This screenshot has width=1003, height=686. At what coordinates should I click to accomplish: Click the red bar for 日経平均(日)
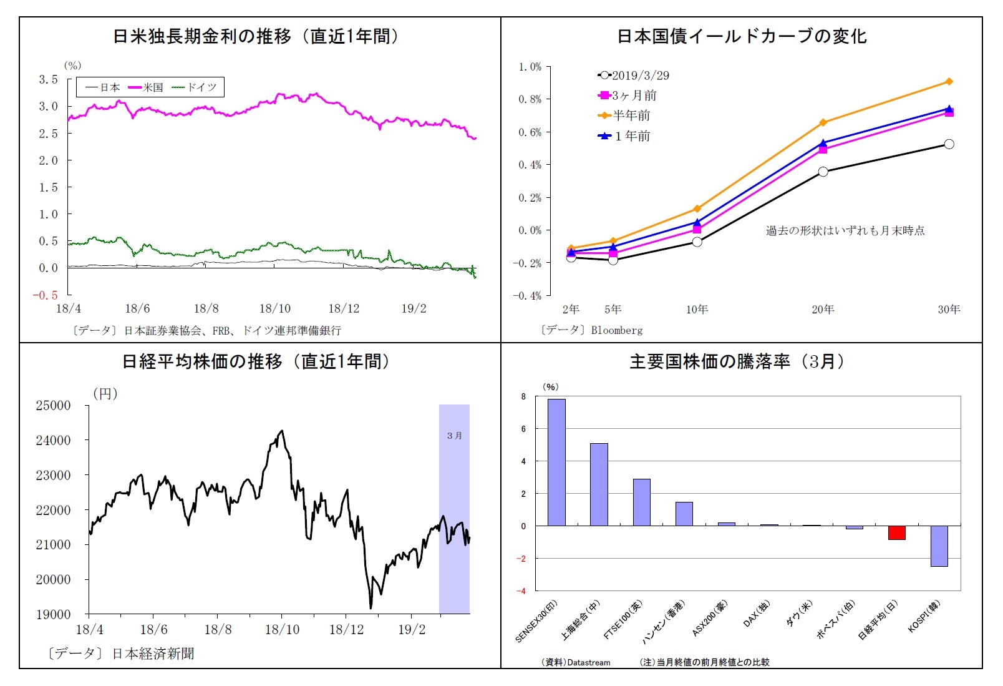click(896, 532)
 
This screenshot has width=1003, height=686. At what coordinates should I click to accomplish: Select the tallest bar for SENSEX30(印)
click(556, 462)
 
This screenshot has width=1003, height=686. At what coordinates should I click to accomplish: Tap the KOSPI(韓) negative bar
click(939, 546)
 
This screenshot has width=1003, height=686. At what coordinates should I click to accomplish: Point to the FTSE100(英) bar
click(641, 502)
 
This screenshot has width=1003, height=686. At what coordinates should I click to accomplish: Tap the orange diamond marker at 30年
click(949, 82)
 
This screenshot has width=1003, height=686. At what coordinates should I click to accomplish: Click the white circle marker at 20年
click(823, 172)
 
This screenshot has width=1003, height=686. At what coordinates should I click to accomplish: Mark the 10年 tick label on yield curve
click(697, 310)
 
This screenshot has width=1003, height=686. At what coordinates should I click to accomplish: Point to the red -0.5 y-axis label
click(45, 295)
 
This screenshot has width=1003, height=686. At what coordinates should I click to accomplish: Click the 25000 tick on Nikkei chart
click(54, 406)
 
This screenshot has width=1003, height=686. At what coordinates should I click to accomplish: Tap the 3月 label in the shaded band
click(454, 436)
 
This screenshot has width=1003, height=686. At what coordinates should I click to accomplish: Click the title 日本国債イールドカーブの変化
click(742, 36)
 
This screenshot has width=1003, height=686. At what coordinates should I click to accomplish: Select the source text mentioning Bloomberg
click(591, 330)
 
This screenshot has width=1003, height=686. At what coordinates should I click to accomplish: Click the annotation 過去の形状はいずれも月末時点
click(845, 231)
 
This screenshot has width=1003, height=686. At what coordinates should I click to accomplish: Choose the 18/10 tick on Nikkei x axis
click(282, 630)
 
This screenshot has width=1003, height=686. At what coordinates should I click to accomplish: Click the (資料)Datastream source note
click(576, 662)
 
